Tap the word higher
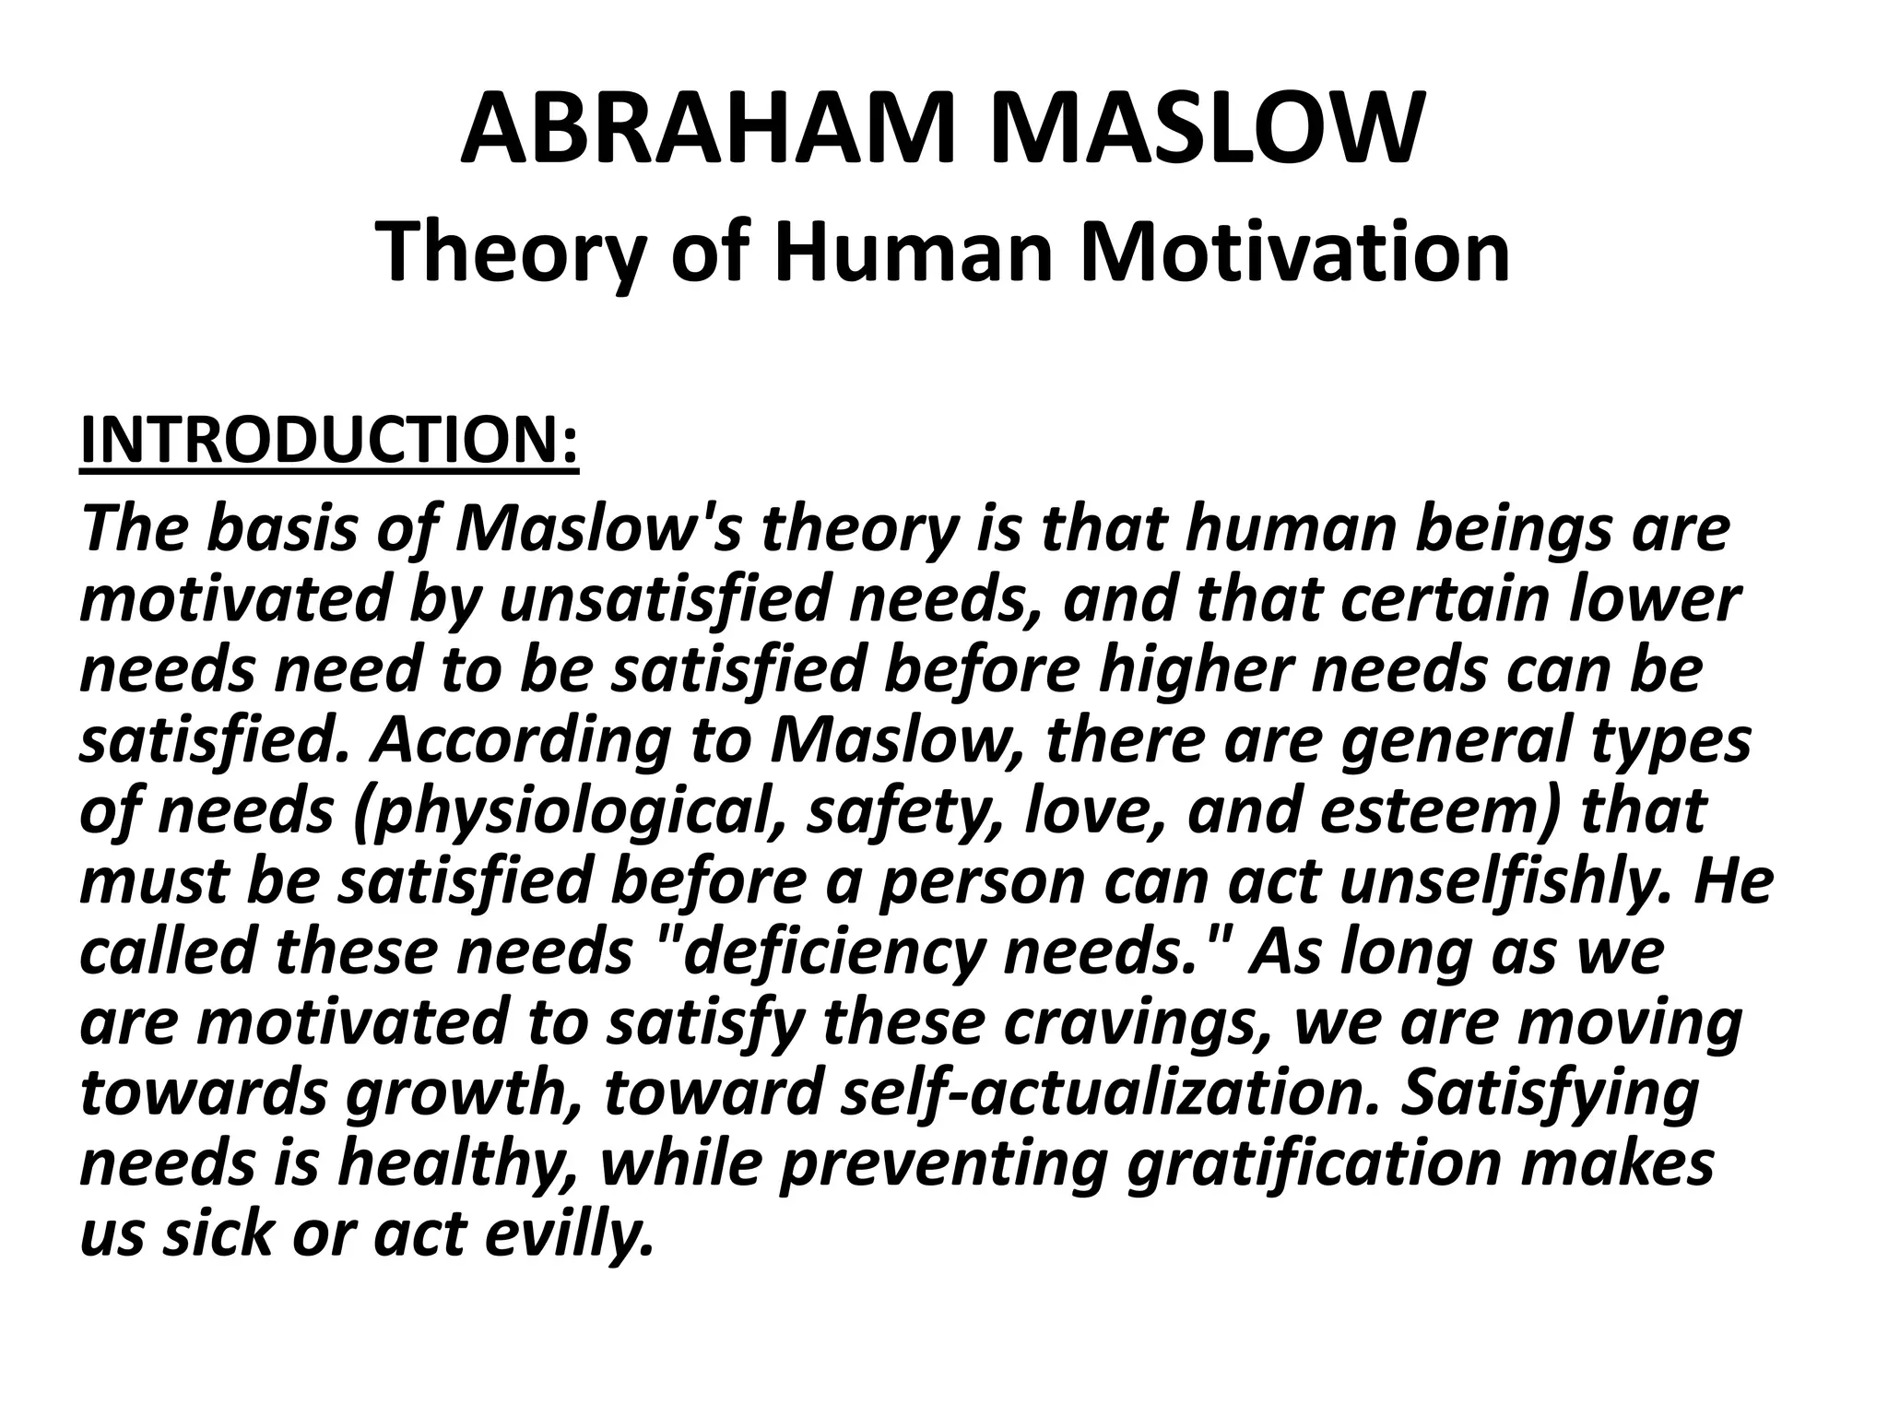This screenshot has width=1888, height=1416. tap(1195, 670)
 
